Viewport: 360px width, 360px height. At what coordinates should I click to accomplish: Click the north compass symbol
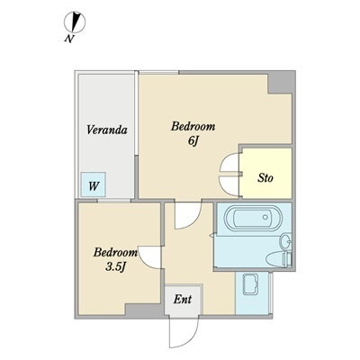[75, 22]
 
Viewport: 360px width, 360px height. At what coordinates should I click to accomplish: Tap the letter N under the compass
[69, 39]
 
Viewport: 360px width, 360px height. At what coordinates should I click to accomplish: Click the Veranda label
[107, 130]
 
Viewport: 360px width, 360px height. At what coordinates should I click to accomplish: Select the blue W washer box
[94, 184]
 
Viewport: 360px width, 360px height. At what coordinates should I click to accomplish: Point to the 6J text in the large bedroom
[193, 141]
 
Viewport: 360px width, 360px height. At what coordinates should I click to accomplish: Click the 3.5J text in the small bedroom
[115, 266]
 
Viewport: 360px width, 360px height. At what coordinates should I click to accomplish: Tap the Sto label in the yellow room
[265, 178]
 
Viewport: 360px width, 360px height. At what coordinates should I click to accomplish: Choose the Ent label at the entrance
[183, 299]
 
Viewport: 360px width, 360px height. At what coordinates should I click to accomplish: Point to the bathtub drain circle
[265, 217]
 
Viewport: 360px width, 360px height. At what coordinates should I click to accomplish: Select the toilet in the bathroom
[279, 259]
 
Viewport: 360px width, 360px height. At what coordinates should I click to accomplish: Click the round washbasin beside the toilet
[285, 241]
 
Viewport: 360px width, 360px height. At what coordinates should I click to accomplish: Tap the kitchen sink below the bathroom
[250, 284]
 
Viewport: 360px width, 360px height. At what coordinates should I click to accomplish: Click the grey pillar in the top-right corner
[280, 83]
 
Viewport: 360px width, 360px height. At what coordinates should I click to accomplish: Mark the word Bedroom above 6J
[193, 127]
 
